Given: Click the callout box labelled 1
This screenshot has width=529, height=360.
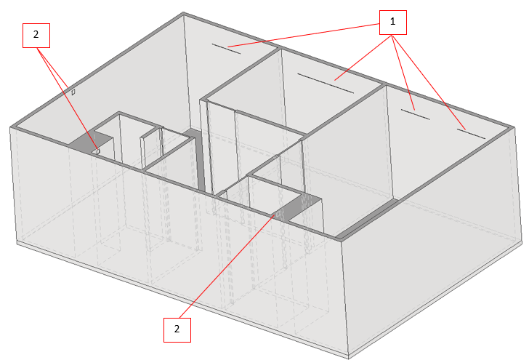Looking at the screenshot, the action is pyautogui.click(x=392, y=23).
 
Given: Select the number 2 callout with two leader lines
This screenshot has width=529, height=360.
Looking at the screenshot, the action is pyautogui.click(x=36, y=36).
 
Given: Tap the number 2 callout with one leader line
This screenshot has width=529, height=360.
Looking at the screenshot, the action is pyautogui.click(x=177, y=330).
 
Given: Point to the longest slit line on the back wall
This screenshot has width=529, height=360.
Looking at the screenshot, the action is pyautogui.click(x=326, y=83).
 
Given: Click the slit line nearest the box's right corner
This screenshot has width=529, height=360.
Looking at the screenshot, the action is pyautogui.click(x=471, y=134).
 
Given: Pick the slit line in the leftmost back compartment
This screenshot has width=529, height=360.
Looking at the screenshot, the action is pyautogui.click(x=226, y=48).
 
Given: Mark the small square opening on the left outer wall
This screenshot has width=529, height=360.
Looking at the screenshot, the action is pyautogui.click(x=73, y=92).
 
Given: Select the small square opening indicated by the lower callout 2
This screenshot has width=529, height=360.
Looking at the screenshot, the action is pyautogui.click(x=279, y=214).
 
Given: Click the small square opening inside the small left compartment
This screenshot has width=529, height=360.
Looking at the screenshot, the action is pyautogui.click(x=98, y=151).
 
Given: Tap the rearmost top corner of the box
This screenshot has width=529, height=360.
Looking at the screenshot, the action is pyautogui.click(x=183, y=13).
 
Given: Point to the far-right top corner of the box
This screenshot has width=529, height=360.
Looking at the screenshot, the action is pyautogui.click(x=514, y=127).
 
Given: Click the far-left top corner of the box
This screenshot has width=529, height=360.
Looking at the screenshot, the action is pyautogui.click(x=10, y=127).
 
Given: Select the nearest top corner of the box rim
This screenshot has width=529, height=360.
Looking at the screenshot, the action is pyautogui.click(x=341, y=241).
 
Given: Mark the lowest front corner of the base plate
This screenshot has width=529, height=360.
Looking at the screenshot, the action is pyautogui.click(x=349, y=358).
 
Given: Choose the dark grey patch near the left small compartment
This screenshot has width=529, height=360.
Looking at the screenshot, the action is pyautogui.click(x=89, y=142).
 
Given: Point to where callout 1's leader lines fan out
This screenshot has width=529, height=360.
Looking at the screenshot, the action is pyautogui.click(x=392, y=35).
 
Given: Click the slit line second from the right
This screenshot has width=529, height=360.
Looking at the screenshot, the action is pyautogui.click(x=416, y=114).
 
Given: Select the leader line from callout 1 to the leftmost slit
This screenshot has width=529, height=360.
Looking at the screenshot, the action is pyautogui.click(x=304, y=35).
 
